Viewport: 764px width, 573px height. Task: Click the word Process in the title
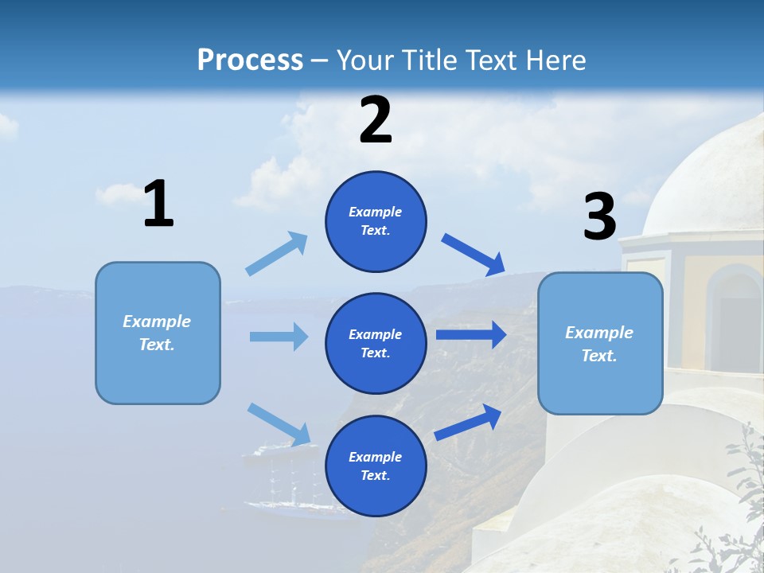tap(250, 60)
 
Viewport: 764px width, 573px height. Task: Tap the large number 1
tap(158, 205)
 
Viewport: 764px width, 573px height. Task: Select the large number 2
tap(376, 120)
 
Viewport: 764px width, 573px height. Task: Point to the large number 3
tap(599, 217)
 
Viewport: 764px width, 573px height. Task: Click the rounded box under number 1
tap(158, 333)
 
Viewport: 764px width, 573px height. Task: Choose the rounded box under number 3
tap(600, 343)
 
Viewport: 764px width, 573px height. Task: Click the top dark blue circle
tap(376, 221)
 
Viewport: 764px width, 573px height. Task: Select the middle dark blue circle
tap(376, 343)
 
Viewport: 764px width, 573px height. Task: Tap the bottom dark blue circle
tap(376, 466)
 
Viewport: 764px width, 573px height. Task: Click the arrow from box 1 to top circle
tap(276, 254)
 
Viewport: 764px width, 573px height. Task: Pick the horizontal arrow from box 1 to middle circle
tap(279, 337)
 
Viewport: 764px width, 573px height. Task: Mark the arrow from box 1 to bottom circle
tap(279, 424)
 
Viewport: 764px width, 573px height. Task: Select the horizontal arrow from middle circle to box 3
tap(470, 334)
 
